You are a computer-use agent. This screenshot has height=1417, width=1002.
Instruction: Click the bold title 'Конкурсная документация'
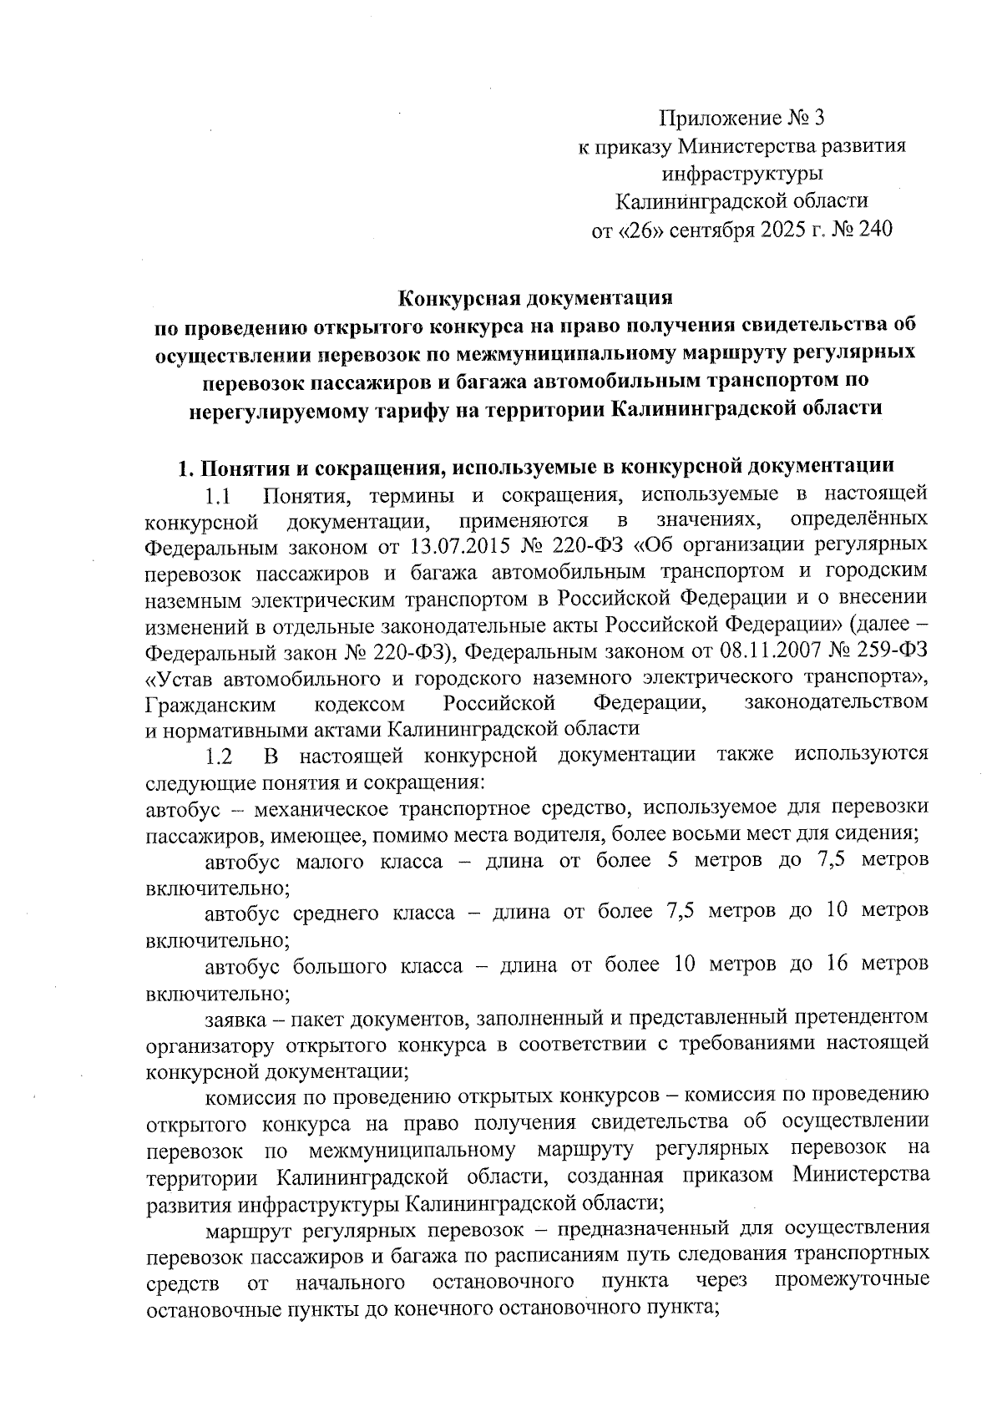point(535,297)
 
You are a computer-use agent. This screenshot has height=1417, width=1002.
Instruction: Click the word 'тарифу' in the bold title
point(443,408)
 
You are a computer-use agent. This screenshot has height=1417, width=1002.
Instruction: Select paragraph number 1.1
point(217,496)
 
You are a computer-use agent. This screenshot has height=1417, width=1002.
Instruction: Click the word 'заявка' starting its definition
point(235,1018)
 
